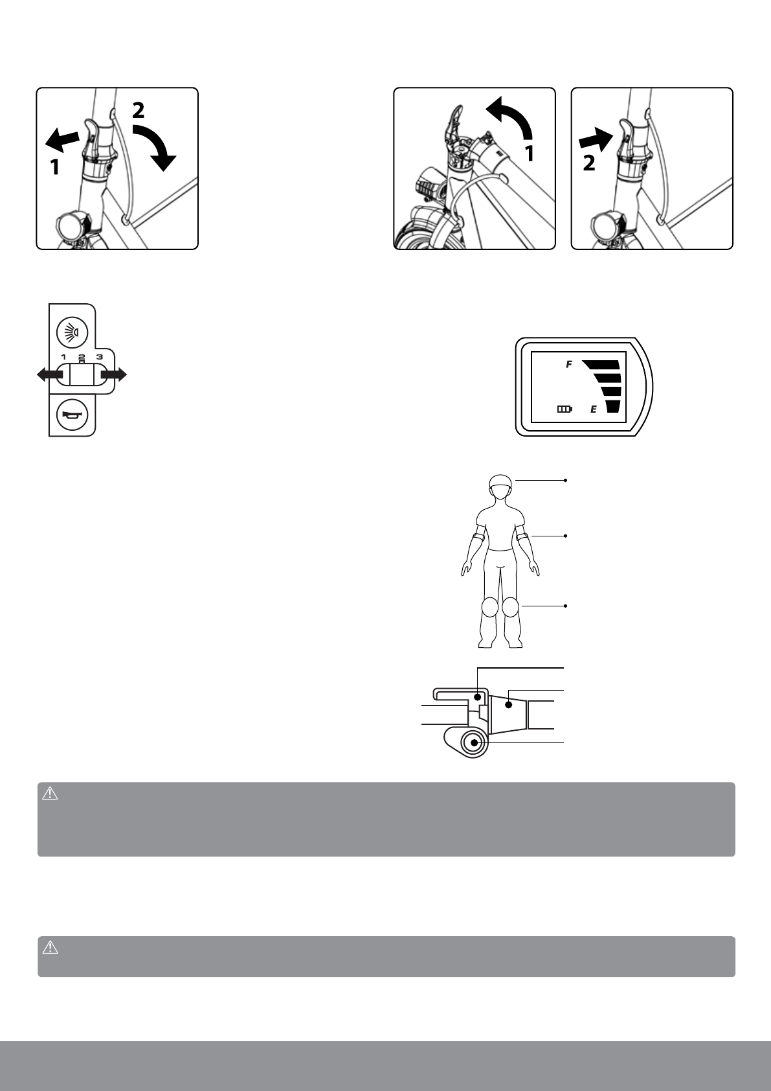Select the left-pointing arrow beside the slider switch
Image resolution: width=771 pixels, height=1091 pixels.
(49, 374)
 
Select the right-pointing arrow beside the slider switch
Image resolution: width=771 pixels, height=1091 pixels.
(115, 374)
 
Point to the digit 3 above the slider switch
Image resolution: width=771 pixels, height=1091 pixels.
(99, 357)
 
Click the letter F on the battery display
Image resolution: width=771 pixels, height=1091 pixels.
(569, 365)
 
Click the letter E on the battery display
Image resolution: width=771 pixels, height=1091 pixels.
(593, 409)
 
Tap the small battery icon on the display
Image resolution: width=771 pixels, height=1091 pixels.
(564, 409)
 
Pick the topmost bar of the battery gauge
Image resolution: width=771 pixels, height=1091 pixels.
(602, 364)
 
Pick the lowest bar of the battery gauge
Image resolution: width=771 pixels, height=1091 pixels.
(612, 407)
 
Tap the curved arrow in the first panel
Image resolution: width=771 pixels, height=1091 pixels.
(154, 145)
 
